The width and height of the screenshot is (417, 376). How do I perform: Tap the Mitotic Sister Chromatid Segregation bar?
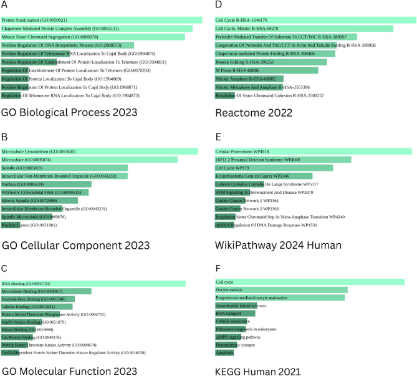tap(93, 37)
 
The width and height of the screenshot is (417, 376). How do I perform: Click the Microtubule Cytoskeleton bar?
tap(99, 152)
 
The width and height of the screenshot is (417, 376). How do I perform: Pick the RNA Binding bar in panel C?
tap(93, 283)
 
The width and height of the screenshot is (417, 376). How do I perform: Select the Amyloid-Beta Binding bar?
tap(38, 299)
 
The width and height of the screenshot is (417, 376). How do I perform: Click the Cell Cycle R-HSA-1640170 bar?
tap(315, 20)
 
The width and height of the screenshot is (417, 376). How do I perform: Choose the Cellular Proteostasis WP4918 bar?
tap(313, 152)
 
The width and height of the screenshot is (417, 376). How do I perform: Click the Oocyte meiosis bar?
tap(280, 290)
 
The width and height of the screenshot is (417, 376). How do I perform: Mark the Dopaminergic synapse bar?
tap(227, 345)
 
